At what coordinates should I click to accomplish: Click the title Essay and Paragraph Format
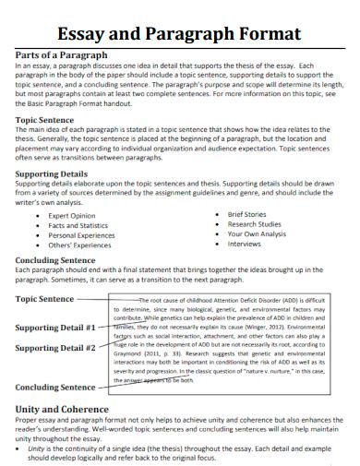[179, 33]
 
